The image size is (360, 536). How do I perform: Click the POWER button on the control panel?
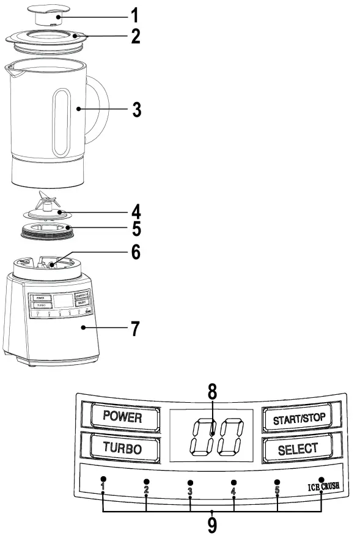pyautogui.click(x=122, y=417)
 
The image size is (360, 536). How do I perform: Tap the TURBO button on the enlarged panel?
pyautogui.click(x=122, y=447)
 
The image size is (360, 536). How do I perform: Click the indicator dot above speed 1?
pyautogui.click(x=103, y=479)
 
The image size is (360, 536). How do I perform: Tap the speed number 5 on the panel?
pyautogui.click(x=277, y=491)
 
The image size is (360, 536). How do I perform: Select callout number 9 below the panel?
pyautogui.click(x=211, y=524)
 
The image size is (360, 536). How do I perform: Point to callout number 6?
pyautogui.click(x=136, y=252)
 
